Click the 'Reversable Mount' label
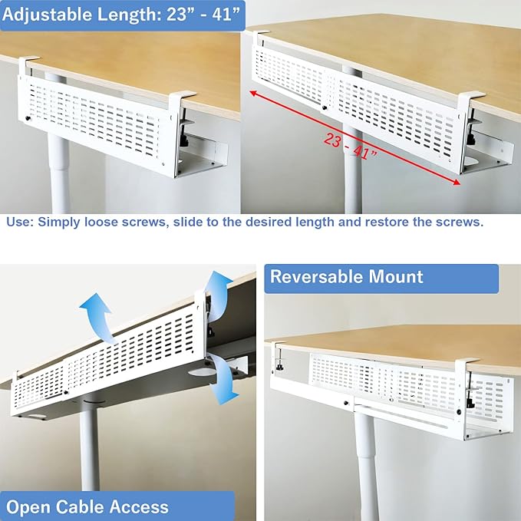(x=347, y=276)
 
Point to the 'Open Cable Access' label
(x=87, y=506)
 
